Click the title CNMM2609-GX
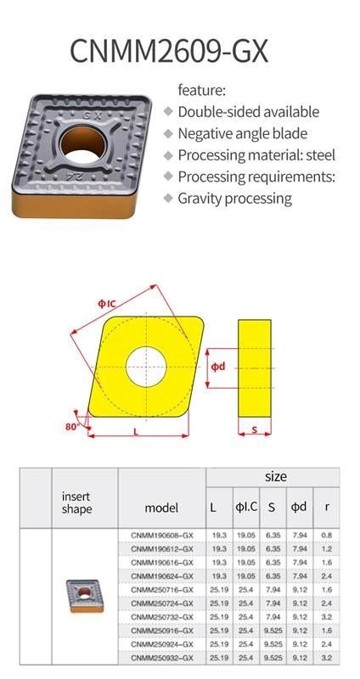[169, 52]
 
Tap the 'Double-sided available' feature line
[248, 112]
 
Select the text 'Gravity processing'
[235, 199]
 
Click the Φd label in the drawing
[218, 368]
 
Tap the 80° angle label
[71, 426]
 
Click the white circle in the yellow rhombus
[146, 366]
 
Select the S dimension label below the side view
[255, 430]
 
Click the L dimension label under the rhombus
[136, 432]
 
